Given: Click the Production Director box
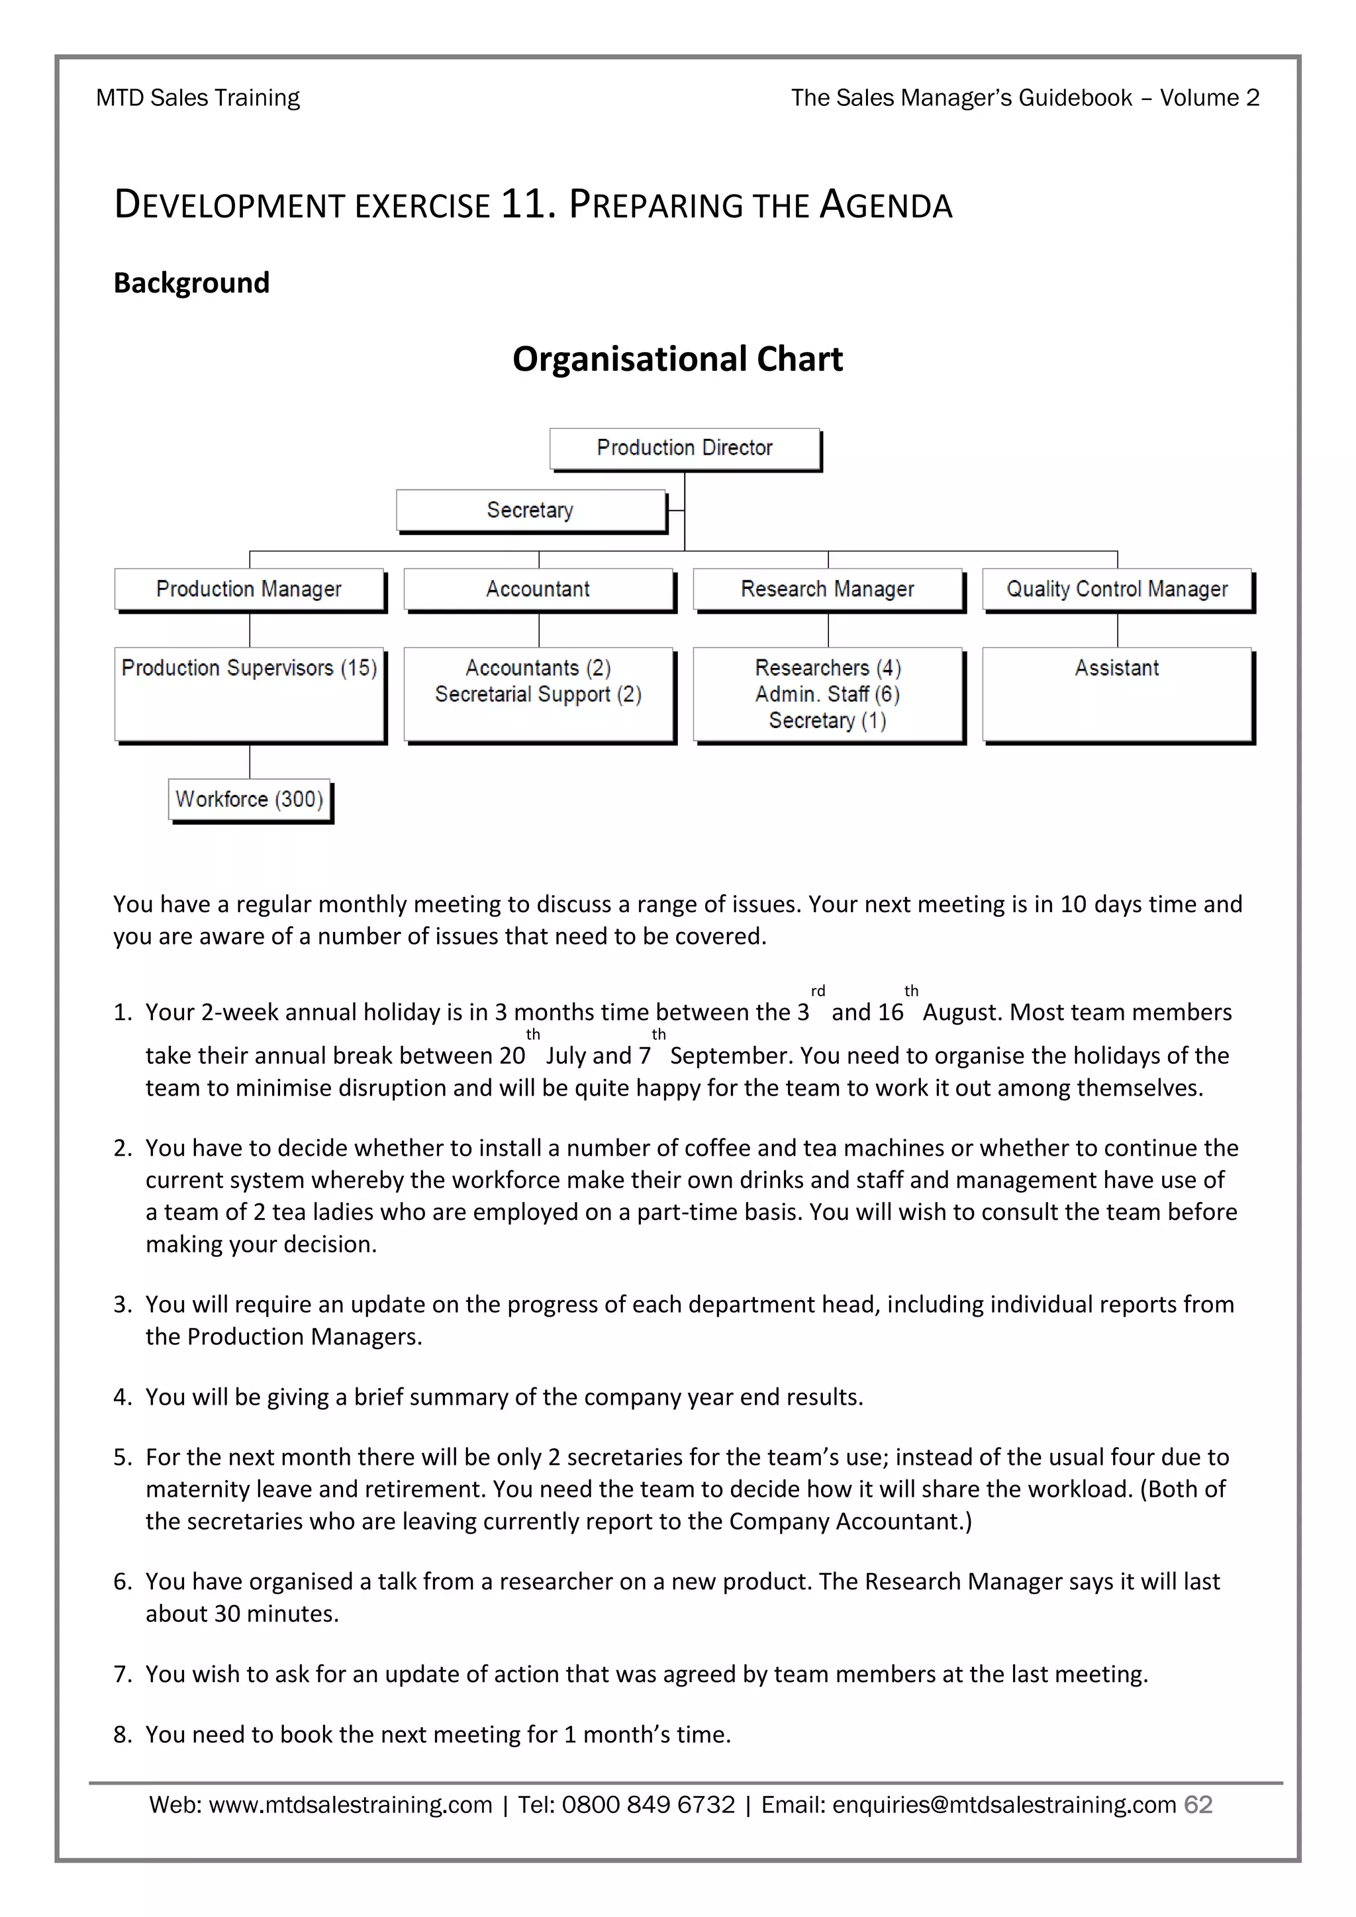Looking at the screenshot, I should pos(685,448).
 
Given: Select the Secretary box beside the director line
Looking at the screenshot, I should pos(530,510).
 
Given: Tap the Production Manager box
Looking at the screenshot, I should pos(249,589).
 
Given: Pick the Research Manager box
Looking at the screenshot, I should pos(828,589).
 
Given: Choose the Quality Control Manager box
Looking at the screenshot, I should pos(1117,589).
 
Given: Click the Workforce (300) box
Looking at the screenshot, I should pos(249,800).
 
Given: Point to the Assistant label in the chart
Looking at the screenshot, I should pos(1116,668).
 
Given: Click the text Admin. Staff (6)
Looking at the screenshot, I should pos(828,694).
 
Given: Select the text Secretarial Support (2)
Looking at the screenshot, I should pos(538,694).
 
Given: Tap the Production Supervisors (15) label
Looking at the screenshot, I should pos(249,668).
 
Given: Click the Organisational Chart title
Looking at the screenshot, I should pos(677,359).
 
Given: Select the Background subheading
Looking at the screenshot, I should pos(191,283).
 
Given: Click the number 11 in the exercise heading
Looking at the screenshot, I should pos(524,205).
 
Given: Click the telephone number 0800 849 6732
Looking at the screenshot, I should pos(648,1804).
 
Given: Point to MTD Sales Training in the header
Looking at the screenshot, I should pos(198,98).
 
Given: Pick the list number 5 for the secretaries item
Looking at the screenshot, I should pos(122,1457).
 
